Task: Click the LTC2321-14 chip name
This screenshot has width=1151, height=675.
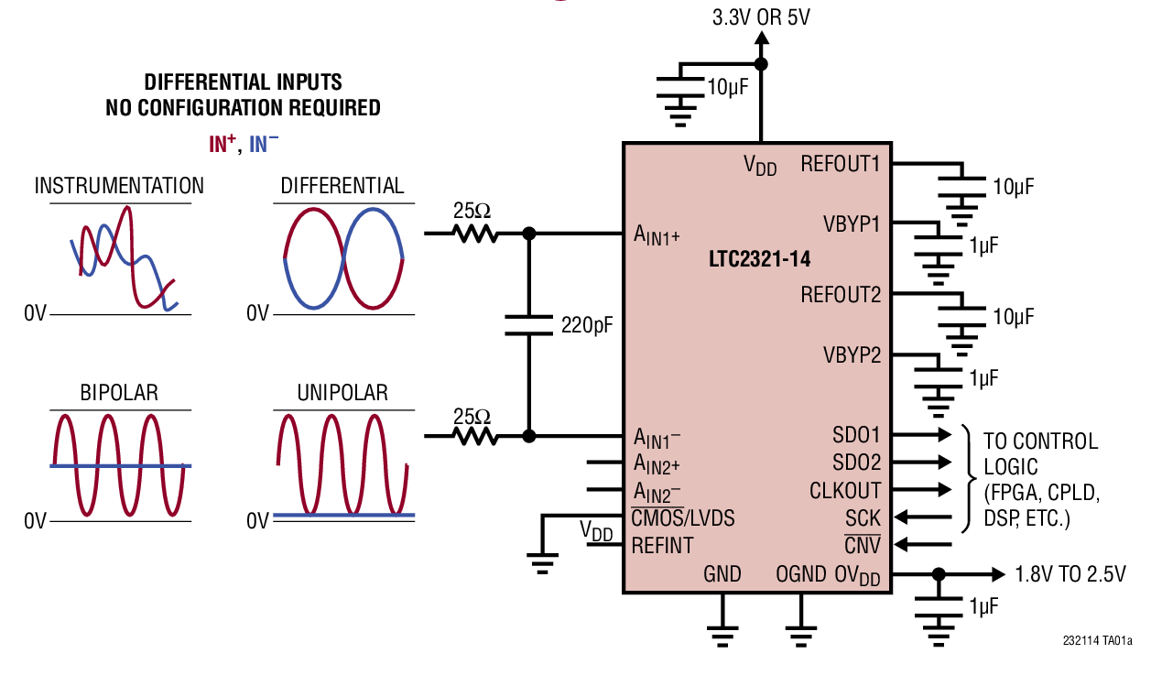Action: tap(759, 259)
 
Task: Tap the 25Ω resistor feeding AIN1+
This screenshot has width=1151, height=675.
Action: tap(472, 234)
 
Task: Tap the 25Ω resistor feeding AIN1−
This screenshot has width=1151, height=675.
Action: tap(472, 436)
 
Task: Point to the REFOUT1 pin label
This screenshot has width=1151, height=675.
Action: tap(840, 164)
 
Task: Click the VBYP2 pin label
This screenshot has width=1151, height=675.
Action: tap(851, 355)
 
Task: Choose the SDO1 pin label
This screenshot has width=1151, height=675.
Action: tap(856, 435)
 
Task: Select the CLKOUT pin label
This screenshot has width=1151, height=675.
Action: tap(845, 491)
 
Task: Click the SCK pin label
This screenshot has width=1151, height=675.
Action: tap(863, 518)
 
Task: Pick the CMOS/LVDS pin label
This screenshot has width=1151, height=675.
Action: tap(683, 518)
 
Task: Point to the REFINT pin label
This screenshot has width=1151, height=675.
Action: tap(663, 546)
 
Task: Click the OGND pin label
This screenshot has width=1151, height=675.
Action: tap(801, 574)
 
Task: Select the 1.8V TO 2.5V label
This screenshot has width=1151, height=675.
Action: tap(1070, 575)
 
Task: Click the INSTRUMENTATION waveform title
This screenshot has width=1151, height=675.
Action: tap(119, 186)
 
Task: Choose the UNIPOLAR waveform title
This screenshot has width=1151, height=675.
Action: tap(342, 393)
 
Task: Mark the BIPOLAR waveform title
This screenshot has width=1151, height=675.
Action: tap(119, 393)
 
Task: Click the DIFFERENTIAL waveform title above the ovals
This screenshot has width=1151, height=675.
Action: tap(342, 186)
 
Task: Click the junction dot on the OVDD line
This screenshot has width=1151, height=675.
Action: tap(938, 574)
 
